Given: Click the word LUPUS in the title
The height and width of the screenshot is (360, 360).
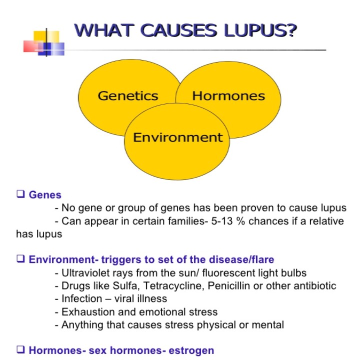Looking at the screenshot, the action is [x=260, y=30].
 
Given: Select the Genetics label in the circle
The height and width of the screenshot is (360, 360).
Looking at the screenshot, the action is [x=128, y=96].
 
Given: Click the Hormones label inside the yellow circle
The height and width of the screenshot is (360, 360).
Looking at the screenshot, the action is [x=228, y=96].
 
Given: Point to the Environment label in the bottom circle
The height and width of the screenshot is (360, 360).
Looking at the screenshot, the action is [x=178, y=137].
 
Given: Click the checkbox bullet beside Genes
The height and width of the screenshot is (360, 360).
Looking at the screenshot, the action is [x=20, y=194].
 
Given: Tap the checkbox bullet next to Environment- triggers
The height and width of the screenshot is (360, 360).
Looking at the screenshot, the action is [x=20, y=258].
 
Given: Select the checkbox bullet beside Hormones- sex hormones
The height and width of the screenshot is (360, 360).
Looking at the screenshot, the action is [x=20, y=349].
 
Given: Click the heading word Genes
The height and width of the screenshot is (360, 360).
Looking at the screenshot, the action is [x=45, y=195].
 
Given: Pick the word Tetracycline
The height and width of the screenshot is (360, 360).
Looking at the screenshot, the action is [x=174, y=286].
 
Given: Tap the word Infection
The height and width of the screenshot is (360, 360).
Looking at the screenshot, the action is [x=81, y=298].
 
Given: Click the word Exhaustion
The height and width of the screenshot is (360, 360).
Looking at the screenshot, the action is [x=88, y=312].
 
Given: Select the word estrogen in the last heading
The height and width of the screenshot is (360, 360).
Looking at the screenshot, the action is [x=191, y=351].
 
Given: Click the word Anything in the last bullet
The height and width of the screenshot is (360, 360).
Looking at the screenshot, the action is [x=82, y=325].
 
